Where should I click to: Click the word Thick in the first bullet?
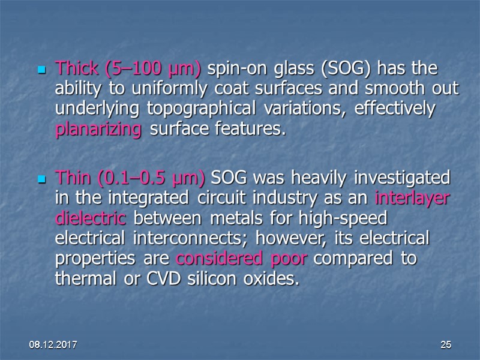pyautogui.click(x=77, y=69)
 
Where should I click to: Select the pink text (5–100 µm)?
pyautogui.click(x=152, y=69)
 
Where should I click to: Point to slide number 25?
pyautogui.click(x=445, y=345)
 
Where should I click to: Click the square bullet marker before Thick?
pyautogui.click(x=43, y=70)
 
